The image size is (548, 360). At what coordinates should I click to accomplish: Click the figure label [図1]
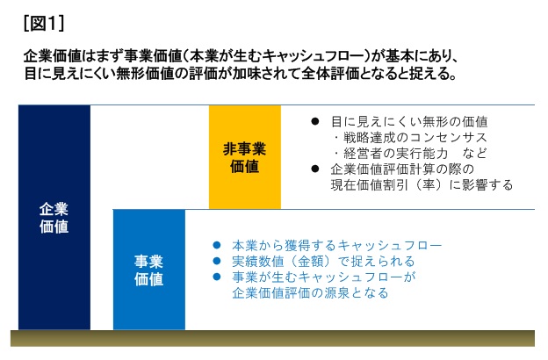[44, 24]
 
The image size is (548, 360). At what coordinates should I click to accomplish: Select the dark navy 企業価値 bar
[54, 217]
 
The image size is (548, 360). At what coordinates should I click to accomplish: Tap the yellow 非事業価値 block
[245, 157]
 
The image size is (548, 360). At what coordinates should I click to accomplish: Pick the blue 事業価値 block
[149, 270]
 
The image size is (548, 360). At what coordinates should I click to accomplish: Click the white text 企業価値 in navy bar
[54, 218]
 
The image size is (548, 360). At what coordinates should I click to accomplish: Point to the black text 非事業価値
[245, 158]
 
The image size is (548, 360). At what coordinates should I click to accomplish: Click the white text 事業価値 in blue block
[149, 270]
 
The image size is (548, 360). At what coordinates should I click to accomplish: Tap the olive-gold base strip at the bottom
[272, 338]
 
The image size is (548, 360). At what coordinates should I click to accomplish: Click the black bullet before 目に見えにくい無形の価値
[315, 121]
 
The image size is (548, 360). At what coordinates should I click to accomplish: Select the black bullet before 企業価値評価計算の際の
[315, 169]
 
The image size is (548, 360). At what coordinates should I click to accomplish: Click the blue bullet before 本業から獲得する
[217, 245]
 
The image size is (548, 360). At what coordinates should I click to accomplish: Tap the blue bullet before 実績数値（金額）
[217, 261]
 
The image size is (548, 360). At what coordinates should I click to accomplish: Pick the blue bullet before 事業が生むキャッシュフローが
[217, 277]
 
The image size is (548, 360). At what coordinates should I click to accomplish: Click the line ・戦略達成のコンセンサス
[409, 137]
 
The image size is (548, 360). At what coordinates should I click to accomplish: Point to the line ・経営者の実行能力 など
[409, 153]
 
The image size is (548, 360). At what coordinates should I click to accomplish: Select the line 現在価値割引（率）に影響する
[422, 184]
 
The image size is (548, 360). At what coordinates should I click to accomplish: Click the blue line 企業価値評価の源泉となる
[310, 292]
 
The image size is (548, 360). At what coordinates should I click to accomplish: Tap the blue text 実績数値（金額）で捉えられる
[323, 261]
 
